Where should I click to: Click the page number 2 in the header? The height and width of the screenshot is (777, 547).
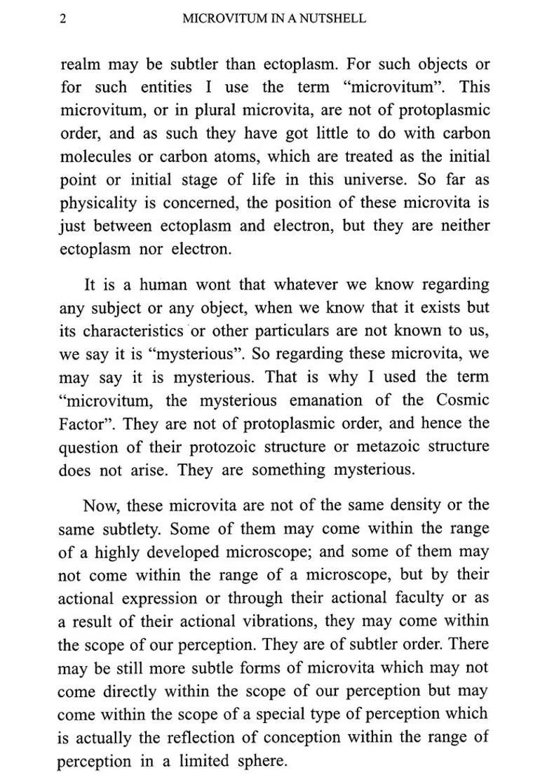(63, 20)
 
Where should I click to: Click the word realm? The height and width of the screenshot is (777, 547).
(81, 65)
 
